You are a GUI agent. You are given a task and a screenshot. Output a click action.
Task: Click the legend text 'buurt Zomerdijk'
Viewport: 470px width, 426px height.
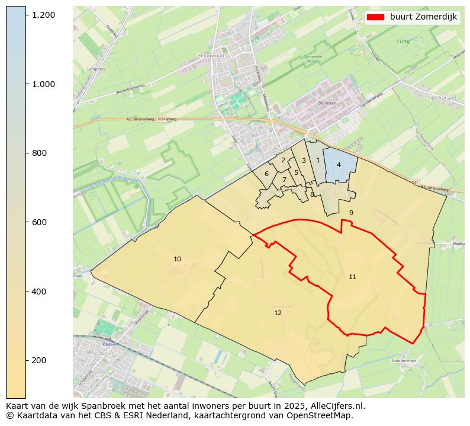click(x=423, y=17)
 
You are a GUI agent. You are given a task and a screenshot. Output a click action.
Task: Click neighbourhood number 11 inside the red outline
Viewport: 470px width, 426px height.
click(x=352, y=277)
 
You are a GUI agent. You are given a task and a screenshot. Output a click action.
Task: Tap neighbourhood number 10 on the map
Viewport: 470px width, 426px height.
click(x=177, y=259)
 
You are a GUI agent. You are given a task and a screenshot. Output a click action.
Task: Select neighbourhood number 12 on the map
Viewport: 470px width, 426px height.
click(x=278, y=312)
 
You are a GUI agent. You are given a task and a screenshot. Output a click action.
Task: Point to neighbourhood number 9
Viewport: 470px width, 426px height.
click(x=350, y=213)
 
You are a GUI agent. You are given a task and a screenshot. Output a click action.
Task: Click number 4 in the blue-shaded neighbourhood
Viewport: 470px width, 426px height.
click(x=339, y=165)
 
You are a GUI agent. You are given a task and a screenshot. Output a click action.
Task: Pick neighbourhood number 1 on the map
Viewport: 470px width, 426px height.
click(x=318, y=160)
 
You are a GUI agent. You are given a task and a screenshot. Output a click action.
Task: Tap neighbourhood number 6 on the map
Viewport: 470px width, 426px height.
click(x=266, y=174)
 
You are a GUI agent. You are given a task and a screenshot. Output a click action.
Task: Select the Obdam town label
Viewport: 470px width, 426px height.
click(x=109, y=344)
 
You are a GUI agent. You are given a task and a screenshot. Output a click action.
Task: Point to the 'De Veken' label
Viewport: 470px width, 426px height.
click(x=327, y=103)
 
